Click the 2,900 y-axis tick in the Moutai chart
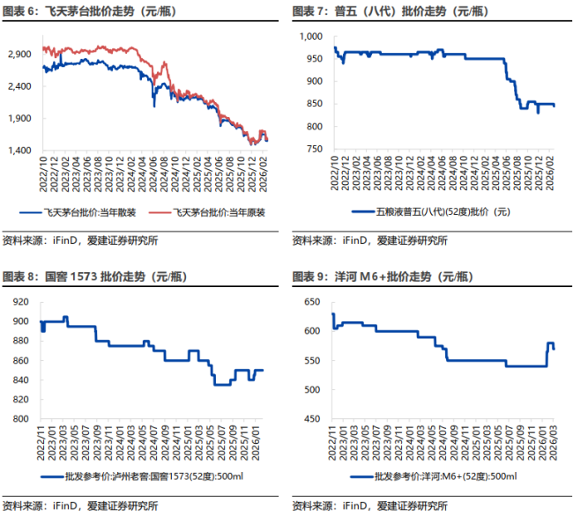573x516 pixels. click(19, 55)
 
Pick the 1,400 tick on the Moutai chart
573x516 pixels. click(19, 151)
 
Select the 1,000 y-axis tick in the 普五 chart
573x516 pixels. click(313, 36)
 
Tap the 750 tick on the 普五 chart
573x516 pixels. click(316, 151)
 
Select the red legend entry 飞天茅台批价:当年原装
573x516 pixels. click(219, 211)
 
